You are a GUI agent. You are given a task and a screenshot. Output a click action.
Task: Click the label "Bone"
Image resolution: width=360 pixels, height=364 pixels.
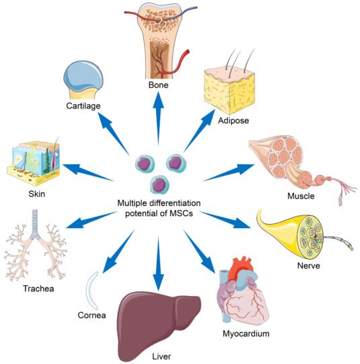(x=159, y=86)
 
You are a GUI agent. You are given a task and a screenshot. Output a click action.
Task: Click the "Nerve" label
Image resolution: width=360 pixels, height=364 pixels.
(x=308, y=265)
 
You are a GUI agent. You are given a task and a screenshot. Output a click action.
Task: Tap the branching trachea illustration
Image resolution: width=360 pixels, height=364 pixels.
(x=38, y=249)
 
